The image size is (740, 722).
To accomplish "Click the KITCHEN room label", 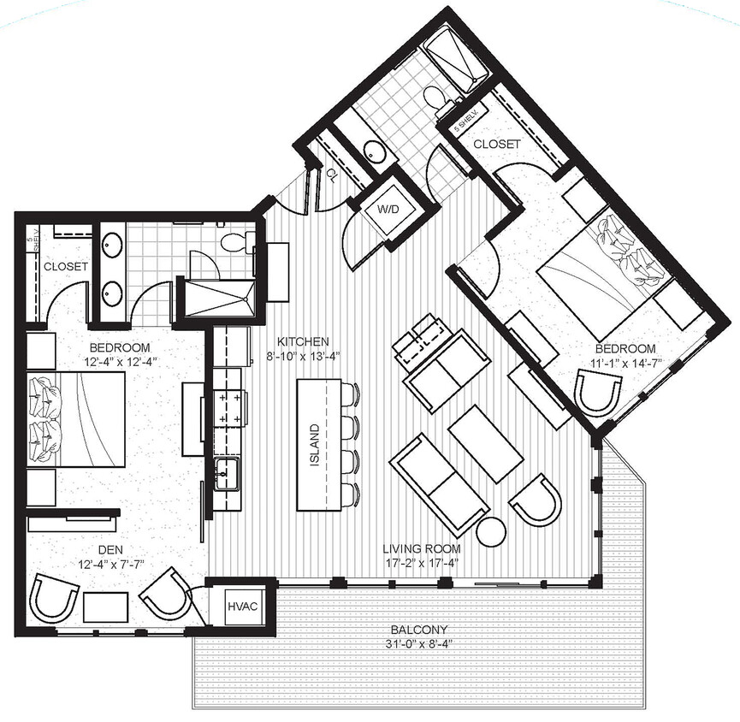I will (x=297, y=340).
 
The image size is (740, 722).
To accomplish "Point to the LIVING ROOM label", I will (x=422, y=548).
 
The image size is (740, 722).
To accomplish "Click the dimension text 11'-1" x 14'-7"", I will (x=625, y=362).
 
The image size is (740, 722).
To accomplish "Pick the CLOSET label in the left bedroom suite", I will (x=66, y=266).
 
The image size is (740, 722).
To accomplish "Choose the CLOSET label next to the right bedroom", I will (x=496, y=145).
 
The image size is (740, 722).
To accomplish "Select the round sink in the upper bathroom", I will (x=375, y=151).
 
